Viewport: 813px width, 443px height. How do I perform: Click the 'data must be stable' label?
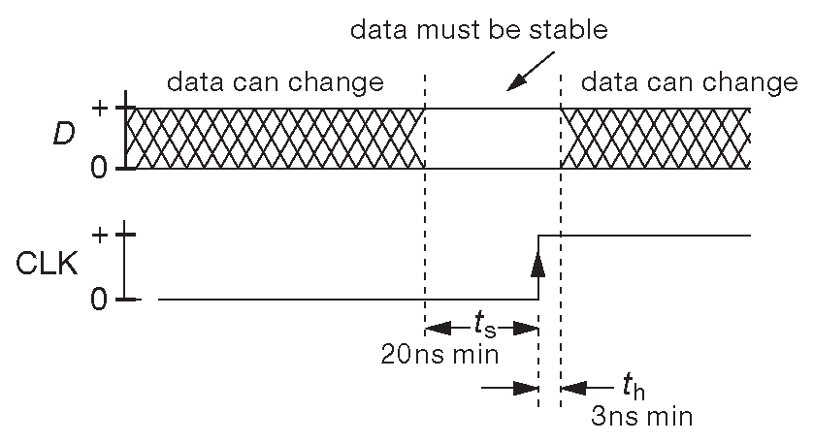point(478,30)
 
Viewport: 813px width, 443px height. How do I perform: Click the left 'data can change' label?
point(276,81)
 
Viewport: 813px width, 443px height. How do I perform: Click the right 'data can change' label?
point(689,81)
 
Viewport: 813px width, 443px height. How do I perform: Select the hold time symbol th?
point(634,390)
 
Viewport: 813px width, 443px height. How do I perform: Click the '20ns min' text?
point(439,354)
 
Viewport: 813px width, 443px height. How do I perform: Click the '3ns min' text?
point(641,418)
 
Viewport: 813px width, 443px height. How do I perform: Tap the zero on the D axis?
point(98,169)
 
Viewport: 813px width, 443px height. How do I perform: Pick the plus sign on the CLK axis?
point(99,235)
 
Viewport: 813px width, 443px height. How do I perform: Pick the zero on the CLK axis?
point(98,299)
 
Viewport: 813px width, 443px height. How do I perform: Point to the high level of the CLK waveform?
point(645,235)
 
